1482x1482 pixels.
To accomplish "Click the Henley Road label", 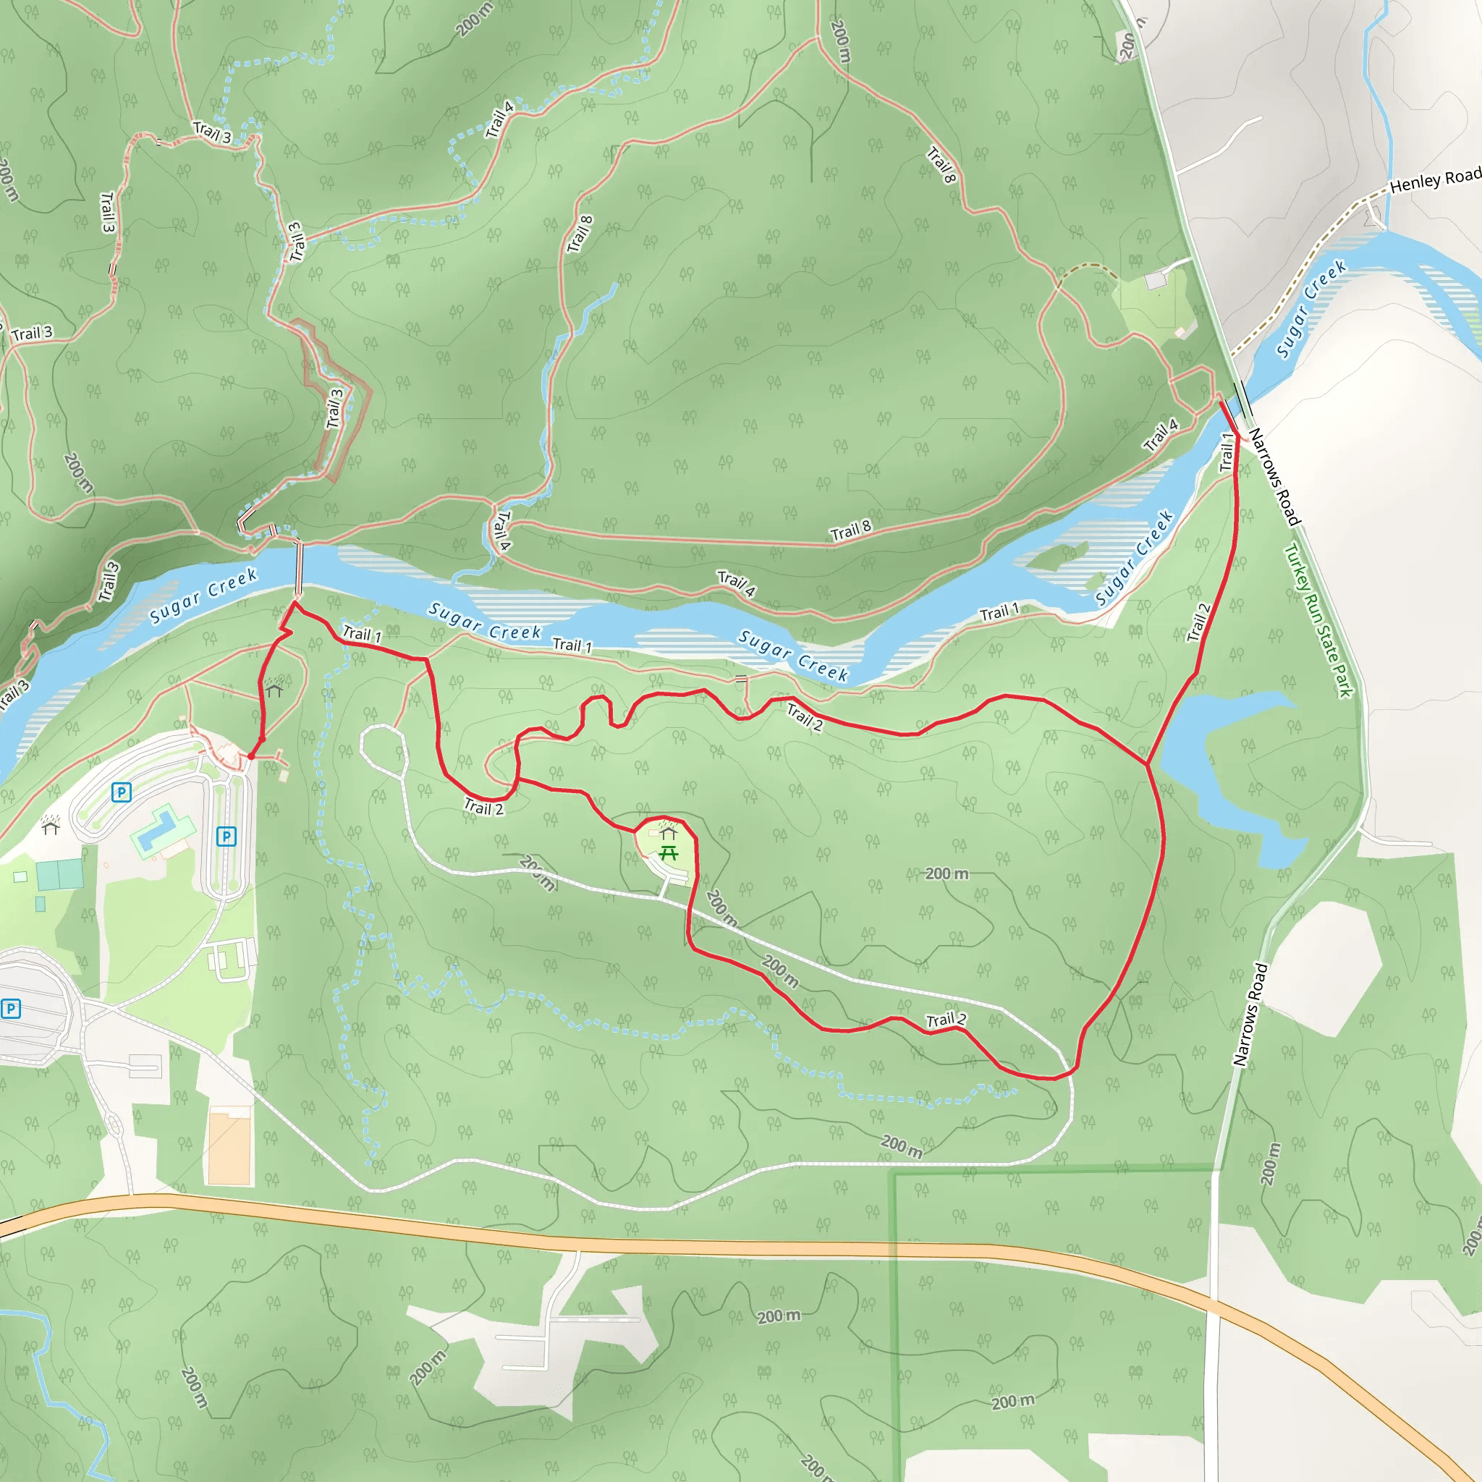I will pyautogui.click(x=1434, y=180).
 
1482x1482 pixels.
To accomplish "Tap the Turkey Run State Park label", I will pyautogui.click(x=1318, y=621).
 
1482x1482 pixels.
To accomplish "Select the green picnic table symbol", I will pyautogui.click(x=668, y=852).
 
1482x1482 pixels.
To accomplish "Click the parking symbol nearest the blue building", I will pyautogui.click(x=226, y=836).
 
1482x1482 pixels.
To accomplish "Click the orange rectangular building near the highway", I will pyautogui.click(x=229, y=1147).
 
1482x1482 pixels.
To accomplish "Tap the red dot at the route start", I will pyautogui.click(x=251, y=756).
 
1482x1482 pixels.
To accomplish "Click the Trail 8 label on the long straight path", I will pyautogui.click(x=851, y=530).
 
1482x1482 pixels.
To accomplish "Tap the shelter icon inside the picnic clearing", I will pyautogui.click(x=667, y=833).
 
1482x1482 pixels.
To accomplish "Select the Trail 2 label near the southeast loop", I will pyautogui.click(x=946, y=1020).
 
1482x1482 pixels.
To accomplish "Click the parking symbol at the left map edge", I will pyautogui.click(x=11, y=1008).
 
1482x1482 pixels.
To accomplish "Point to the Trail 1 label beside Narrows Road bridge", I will pyautogui.click(x=1227, y=452).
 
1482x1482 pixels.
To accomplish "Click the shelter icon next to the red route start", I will pyautogui.click(x=274, y=690).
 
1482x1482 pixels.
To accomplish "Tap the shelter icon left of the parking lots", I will pyautogui.click(x=51, y=826).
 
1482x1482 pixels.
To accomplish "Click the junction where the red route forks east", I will pyautogui.click(x=1148, y=764).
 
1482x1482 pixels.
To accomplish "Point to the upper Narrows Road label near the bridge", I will pyautogui.click(x=1274, y=477).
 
